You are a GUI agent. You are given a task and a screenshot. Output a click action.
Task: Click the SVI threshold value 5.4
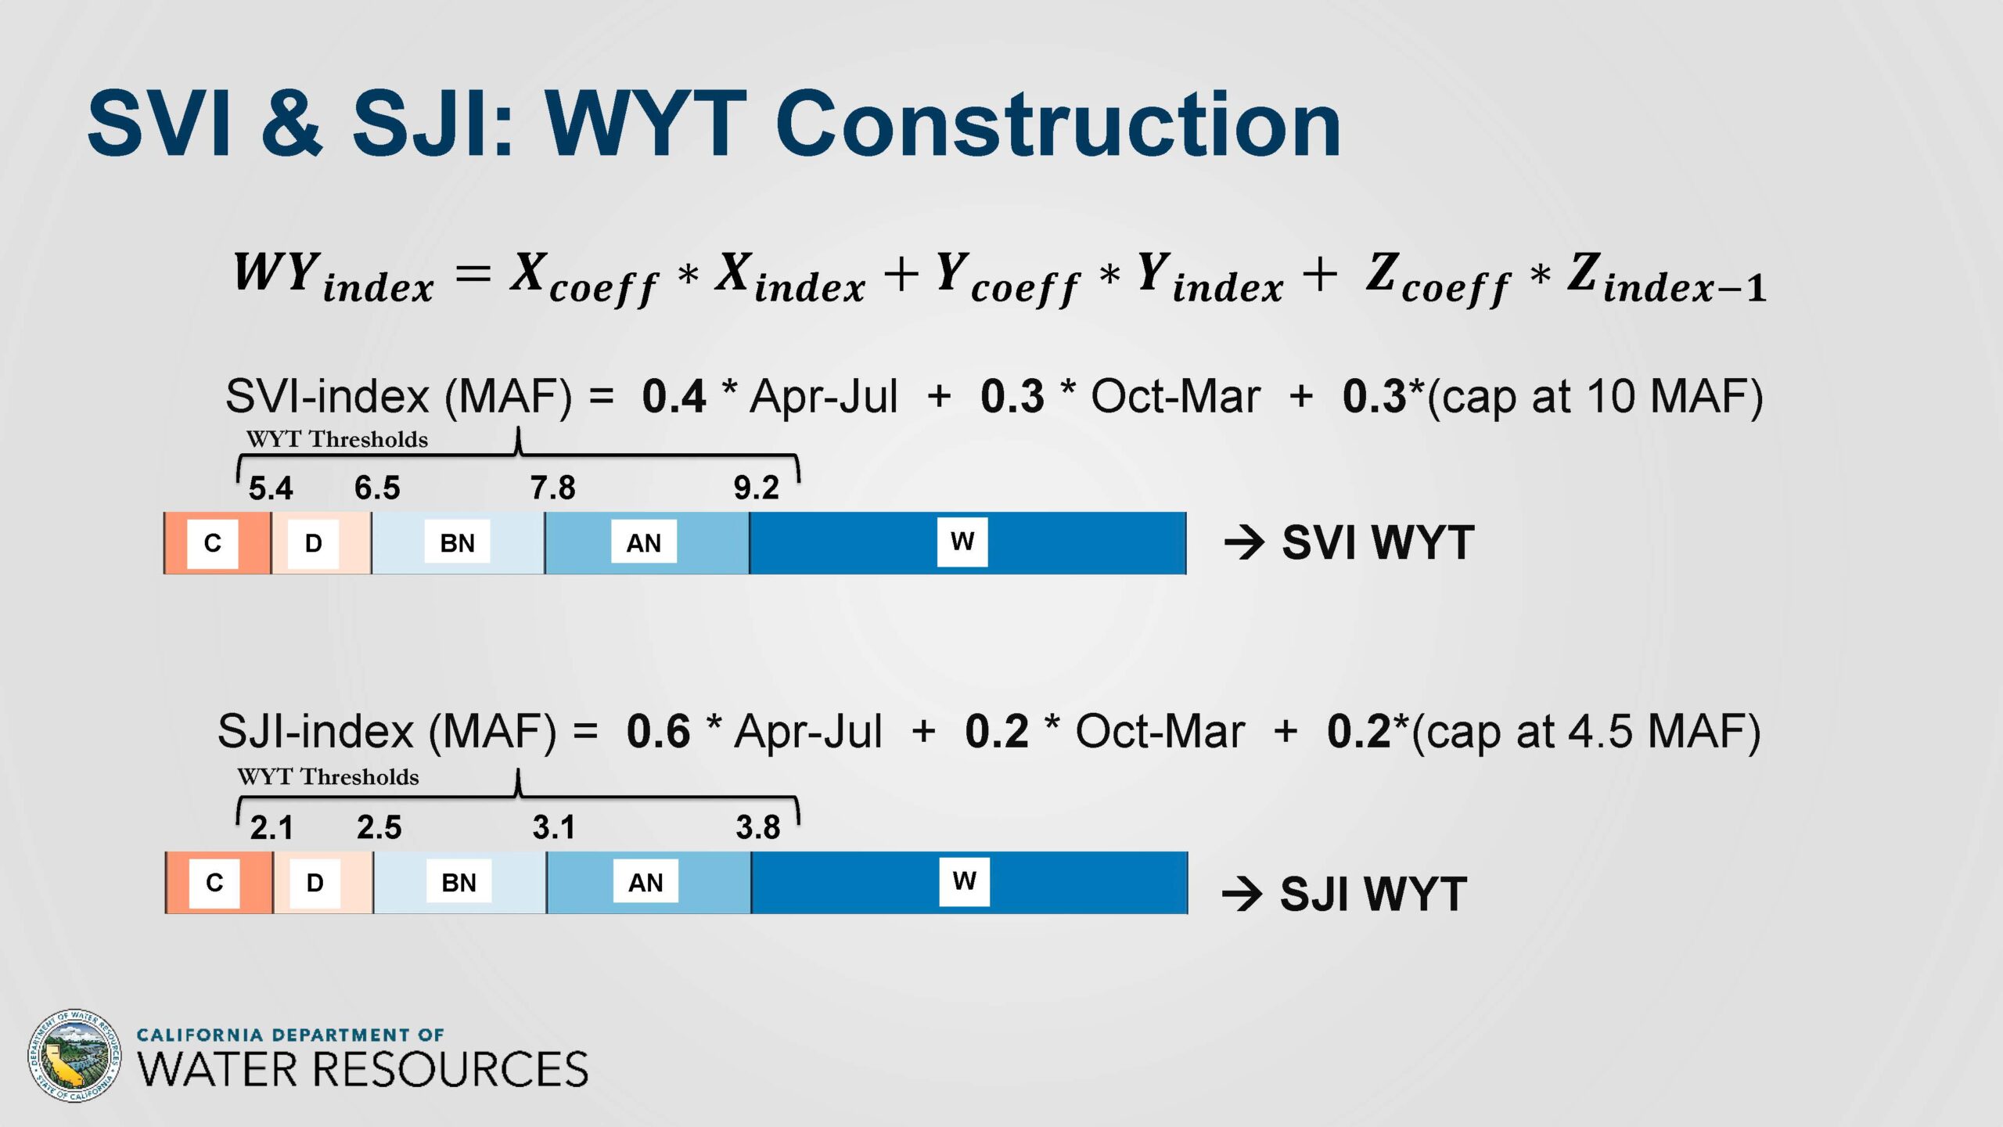pos(271,488)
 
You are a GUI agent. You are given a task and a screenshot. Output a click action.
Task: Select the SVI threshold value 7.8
pos(552,488)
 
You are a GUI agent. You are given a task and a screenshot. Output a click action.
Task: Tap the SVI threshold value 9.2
pos(756,488)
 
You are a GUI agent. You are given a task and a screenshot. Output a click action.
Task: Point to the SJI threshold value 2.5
pos(379,827)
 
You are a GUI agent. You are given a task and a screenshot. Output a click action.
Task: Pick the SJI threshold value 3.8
pos(757,827)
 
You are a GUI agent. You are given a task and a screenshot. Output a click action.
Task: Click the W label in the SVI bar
pos(962,542)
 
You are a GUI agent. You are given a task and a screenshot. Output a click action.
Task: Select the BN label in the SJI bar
pos(458,882)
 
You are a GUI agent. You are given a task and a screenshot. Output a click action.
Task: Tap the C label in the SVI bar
pos(213,543)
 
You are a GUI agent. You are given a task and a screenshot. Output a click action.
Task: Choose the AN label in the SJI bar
pos(645,882)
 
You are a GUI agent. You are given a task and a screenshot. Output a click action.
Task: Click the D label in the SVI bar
pos(313,543)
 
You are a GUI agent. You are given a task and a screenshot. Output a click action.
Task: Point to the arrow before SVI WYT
pos(1244,542)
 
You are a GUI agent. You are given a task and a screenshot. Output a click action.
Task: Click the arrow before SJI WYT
pos(1242,893)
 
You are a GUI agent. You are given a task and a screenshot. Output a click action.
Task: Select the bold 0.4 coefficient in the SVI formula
pos(674,396)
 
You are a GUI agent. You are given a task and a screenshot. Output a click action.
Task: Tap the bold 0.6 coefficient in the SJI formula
pos(658,731)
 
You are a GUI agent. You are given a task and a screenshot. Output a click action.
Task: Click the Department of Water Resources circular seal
pos(74,1056)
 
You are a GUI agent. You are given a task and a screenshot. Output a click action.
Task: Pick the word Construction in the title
pos(1059,124)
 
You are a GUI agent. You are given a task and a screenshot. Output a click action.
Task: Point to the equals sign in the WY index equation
pos(473,274)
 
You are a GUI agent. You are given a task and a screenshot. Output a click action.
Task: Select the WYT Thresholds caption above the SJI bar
pos(328,776)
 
